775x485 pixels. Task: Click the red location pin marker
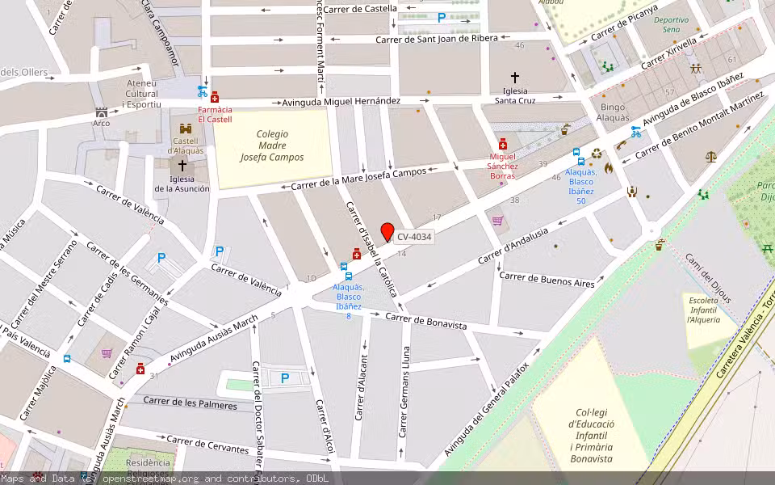tap(387, 231)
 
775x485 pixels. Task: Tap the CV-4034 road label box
tap(414, 238)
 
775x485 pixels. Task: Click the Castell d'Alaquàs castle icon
tap(186, 129)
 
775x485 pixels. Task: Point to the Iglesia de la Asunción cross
tap(182, 166)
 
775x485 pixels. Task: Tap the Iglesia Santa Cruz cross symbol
tap(515, 78)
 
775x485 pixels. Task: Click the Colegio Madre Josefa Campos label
tap(272, 145)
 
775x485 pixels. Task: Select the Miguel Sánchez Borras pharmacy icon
tap(503, 143)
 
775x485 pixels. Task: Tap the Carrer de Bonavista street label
tap(425, 321)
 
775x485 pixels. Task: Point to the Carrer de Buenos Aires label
tap(547, 280)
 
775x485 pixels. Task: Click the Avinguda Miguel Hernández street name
tap(341, 101)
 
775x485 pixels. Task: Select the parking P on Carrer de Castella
tap(442, 17)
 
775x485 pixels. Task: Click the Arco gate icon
tap(101, 112)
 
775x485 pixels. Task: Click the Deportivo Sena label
tap(671, 24)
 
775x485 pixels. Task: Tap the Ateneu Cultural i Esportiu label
tap(143, 94)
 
